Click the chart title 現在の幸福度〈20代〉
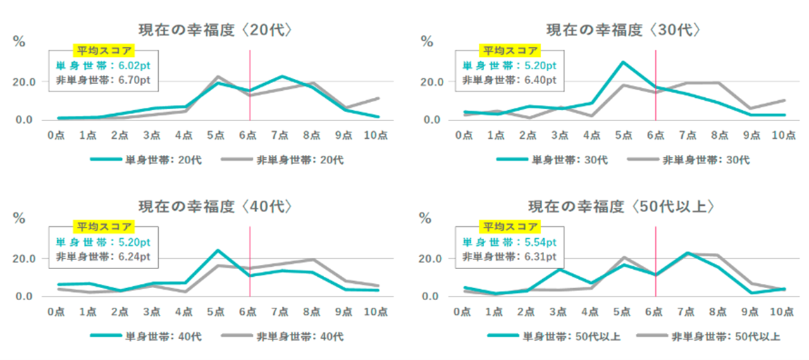pos(216,30)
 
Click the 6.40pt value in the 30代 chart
pos(540,80)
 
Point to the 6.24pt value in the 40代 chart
pos(134,256)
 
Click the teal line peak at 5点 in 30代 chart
pos(623,62)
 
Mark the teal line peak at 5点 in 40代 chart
pos(218,250)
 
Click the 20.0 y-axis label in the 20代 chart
pos(26,82)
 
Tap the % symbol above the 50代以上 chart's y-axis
pos(427,217)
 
